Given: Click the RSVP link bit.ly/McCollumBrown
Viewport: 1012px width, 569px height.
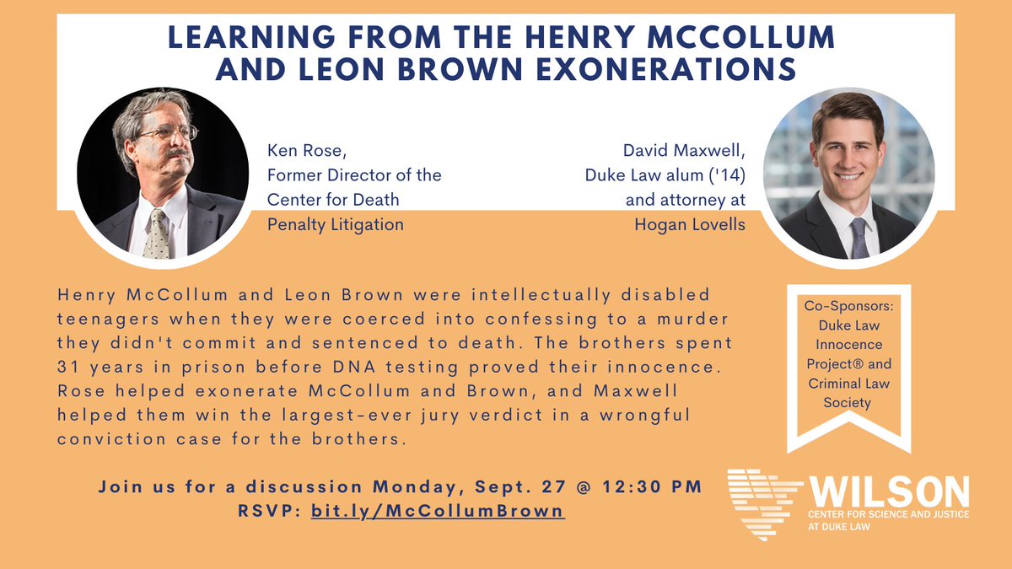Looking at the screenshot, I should click(438, 511).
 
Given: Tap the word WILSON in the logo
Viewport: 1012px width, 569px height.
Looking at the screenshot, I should click(889, 490).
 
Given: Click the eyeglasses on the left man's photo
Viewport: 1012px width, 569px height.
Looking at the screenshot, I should click(166, 133).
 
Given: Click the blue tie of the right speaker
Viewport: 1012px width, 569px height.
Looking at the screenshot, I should click(859, 237).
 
